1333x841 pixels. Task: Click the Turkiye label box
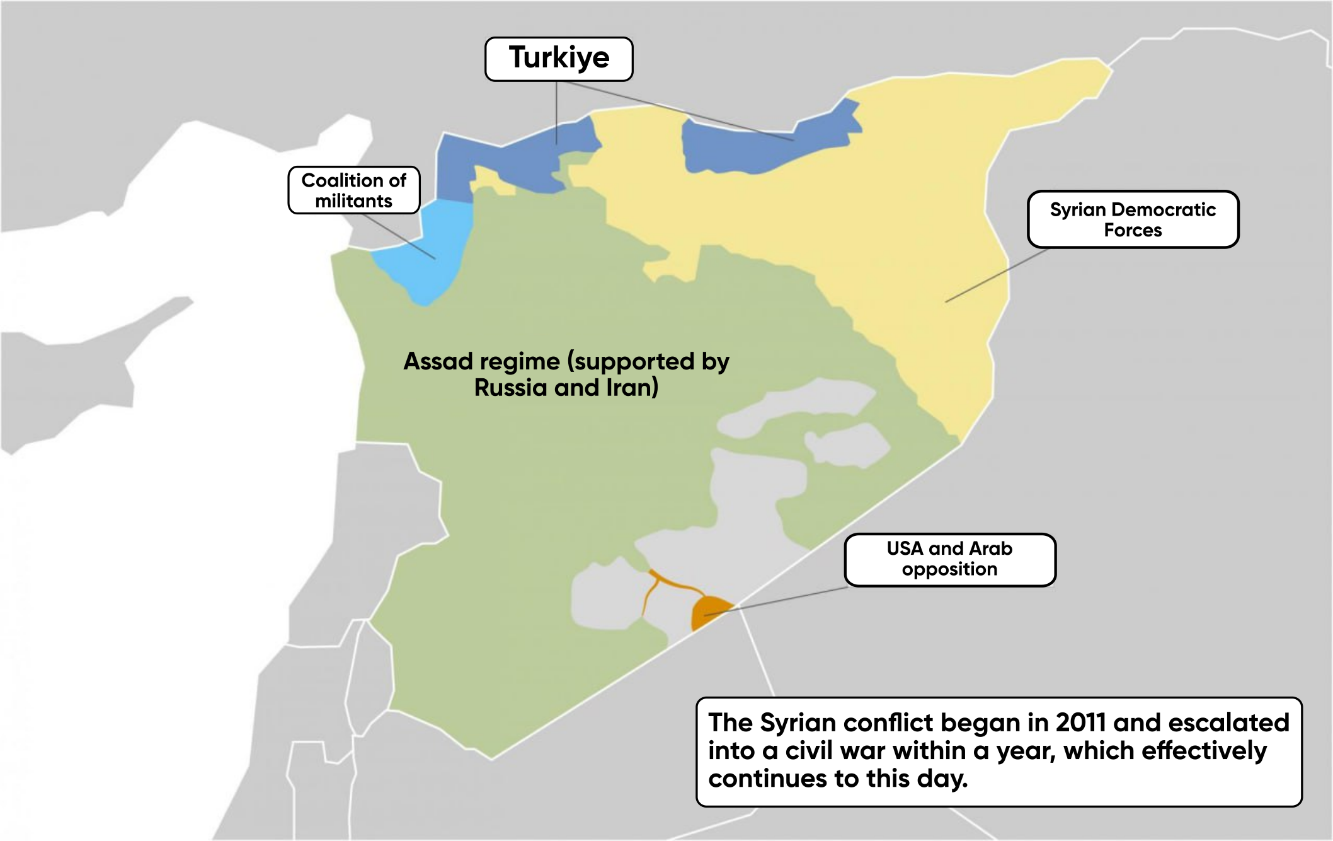tap(559, 59)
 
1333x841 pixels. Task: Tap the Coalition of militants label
tap(353, 190)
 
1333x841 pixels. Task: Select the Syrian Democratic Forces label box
tap(1133, 219)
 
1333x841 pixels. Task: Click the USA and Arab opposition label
tap(949, 559)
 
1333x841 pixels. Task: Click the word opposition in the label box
tap(949, 569)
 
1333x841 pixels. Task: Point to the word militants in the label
tap(353, 201)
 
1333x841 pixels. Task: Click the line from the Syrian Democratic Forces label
tap(995, 275)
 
